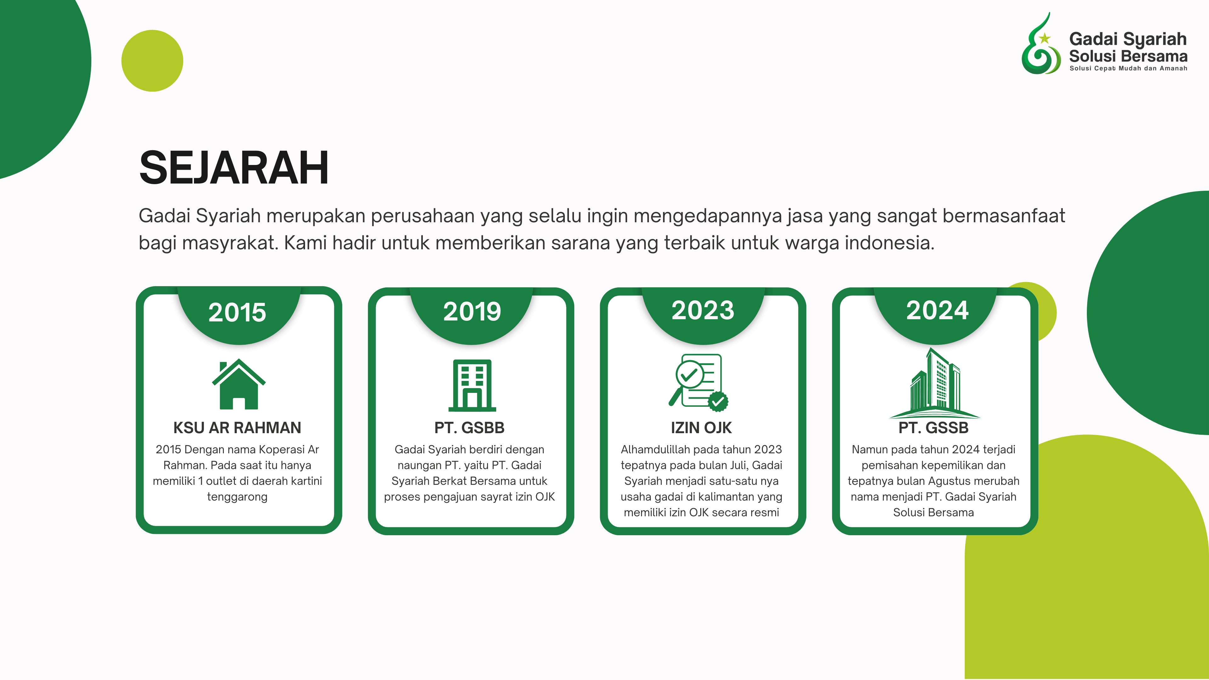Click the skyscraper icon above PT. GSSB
pyautogui.click(x=934, y=383)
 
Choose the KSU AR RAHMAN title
pyautogui.click(x=237, y=428)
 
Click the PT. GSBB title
pyautogui.click(x=469, y=428)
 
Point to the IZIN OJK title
pyautogui.click(x=701, y=428)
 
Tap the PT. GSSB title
pyautogui.click(x=934, y=428)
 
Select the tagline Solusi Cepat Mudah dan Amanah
pyautogui.click(x=1128, y=69)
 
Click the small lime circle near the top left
pyautogui.click(x=152, y=60)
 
